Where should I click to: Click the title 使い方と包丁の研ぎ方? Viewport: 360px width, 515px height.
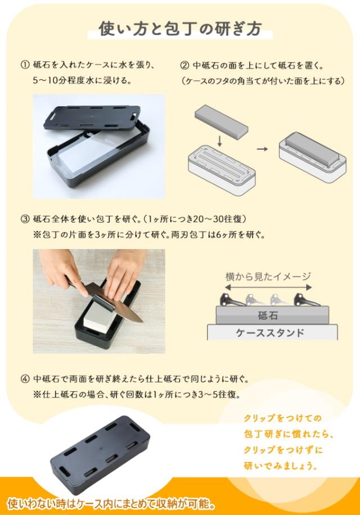click(180, 29)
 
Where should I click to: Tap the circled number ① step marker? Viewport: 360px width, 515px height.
click(25, 65)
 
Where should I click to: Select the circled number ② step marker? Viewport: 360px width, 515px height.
click(184, 65)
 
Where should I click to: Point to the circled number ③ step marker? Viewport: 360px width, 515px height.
click(25, 219)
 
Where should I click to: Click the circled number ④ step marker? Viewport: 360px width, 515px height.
click(25, 379)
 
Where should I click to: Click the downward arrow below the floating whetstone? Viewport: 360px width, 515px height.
click(220, 141)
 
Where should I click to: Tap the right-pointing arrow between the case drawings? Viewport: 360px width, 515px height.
click(262, 149)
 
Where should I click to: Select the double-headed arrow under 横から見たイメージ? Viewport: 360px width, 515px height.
click(268, 287)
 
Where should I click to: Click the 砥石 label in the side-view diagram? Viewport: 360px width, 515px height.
click(268, 315)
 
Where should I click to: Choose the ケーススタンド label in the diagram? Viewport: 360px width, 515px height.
click(271, 333)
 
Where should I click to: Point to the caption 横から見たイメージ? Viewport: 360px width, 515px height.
click(268, 277)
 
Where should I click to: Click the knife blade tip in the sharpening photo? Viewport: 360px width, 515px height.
click(142, 322)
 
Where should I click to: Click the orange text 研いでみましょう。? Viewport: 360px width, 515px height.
click(281, 466)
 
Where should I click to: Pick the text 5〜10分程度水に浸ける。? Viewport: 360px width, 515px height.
click(82, 80)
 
